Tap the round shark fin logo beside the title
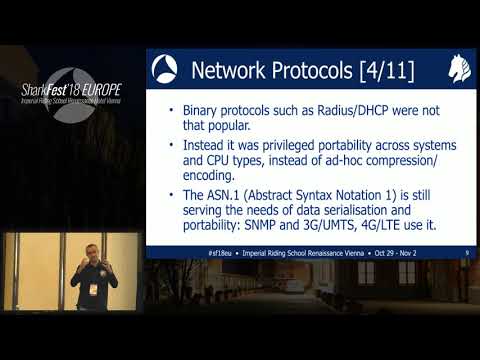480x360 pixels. [165, 69]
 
